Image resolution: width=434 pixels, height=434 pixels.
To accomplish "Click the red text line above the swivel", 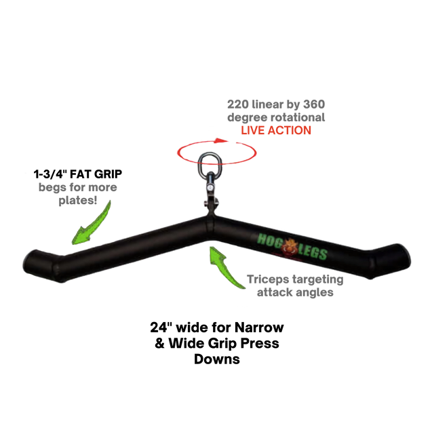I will click(x=276, y=130).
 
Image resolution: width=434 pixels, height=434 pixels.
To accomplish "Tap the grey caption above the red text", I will click(x=276, y=111).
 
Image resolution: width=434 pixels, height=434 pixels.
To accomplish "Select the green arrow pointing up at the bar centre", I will click(x=226, y=268).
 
